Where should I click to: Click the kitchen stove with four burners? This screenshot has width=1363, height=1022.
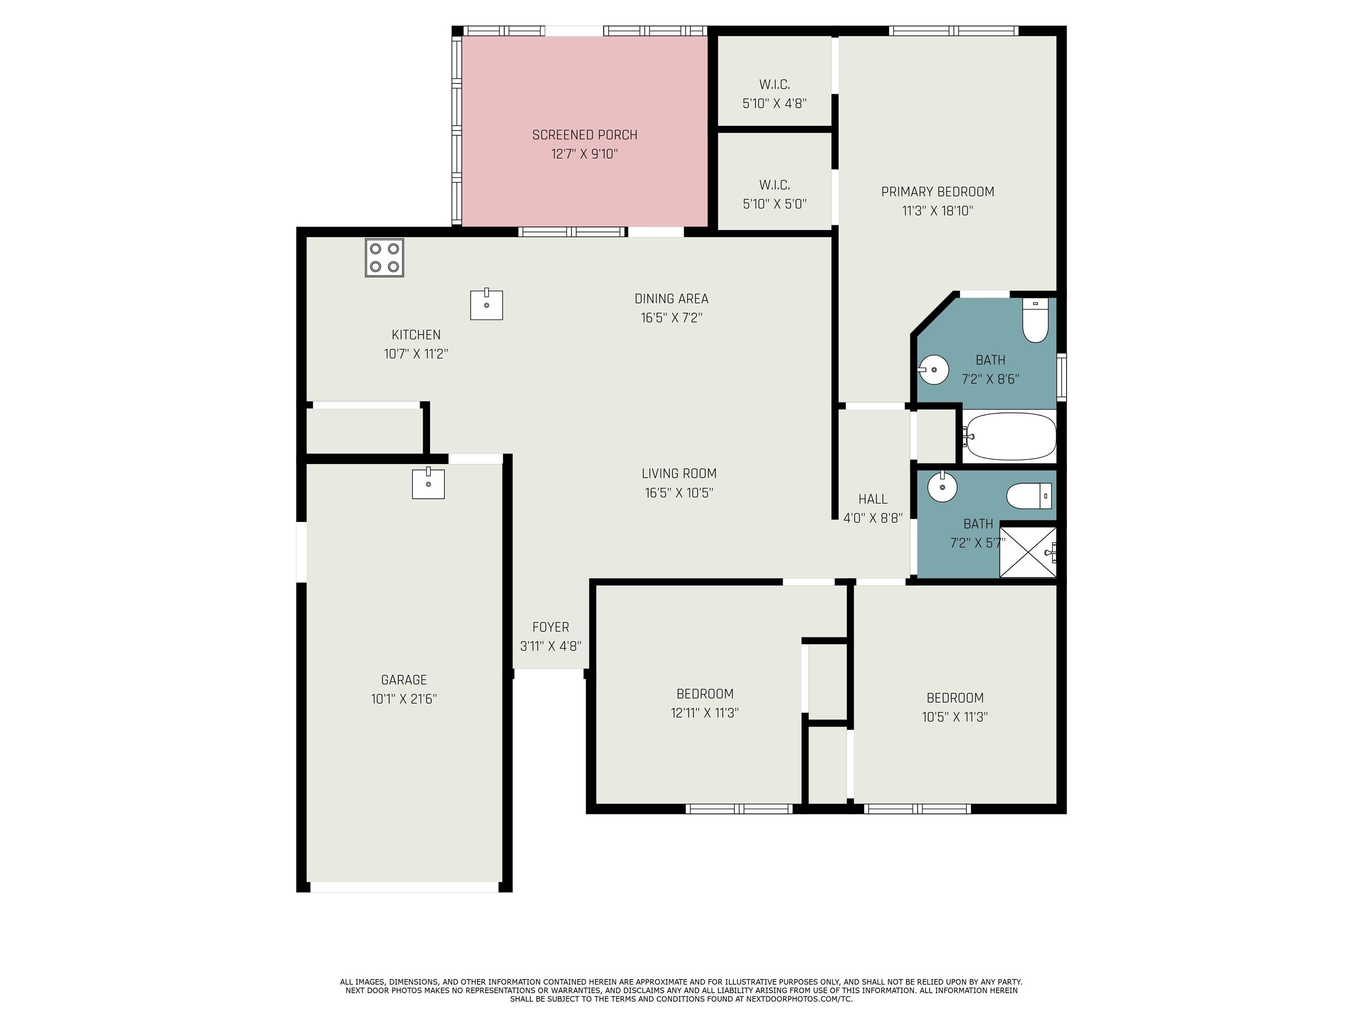pos(385,258)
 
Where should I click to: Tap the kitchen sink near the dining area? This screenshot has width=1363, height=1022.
pos(486,304)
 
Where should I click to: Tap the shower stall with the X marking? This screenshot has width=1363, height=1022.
pos(1028,552)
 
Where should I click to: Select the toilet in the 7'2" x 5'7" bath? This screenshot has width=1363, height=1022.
pos(1029,496)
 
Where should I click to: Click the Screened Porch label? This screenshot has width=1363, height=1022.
pos(585,135)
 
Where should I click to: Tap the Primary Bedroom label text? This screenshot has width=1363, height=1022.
pos(937,192)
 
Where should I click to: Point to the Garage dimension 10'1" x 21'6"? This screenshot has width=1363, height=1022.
pos(404,699)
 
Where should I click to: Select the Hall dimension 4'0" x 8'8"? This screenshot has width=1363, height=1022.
pos(873,518)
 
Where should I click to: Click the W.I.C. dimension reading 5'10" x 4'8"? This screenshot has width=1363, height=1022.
pos(775,103)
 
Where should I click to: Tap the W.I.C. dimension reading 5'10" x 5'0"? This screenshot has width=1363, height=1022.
pos(775,204)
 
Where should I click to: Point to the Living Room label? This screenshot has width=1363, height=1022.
pos(679,474)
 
